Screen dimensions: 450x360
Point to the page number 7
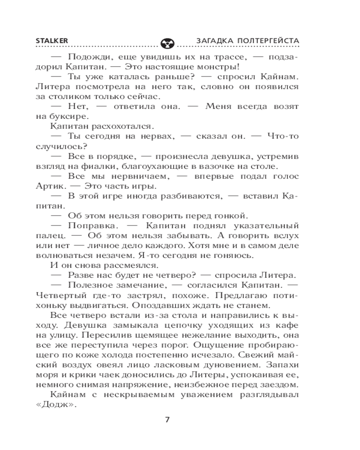(167, 420)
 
